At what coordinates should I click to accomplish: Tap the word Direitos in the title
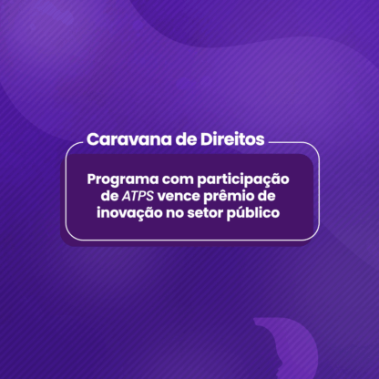pyautogui.click(x=232, y=139)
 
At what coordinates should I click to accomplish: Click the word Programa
pyautogui.click(x=123, y=179)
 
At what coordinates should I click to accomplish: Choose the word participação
pyautogui.click(x=243, y=179)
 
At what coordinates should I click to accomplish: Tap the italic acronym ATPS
pyautogui.click(x=138, y=196)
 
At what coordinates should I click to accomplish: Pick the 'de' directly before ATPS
pyautogui.click(x=109, y=196)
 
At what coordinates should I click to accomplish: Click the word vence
pyautogui.click(x=179, y=197)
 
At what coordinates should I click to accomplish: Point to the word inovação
pyautogui.click(x=129, y=213)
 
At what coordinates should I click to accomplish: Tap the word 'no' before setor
pyautogui.click(x=175, y=213)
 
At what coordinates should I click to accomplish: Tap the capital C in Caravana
pyautogui.click(x=93, y=139)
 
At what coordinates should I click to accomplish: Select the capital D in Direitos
pyautogui.click(x=206, y=139)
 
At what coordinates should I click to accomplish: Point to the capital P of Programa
pyautogui.click(x=92, y=179)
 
